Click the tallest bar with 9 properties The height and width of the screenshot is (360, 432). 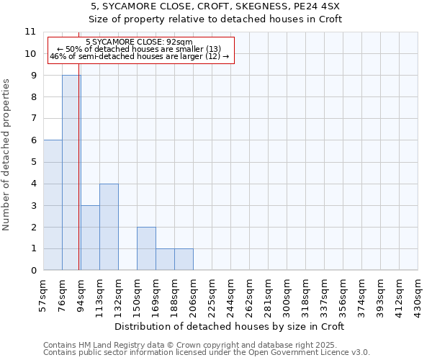(x=71, y=173)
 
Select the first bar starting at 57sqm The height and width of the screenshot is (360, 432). (x=53, y=205)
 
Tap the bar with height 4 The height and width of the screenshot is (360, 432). (x=109, y=227)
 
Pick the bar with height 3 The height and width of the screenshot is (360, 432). (x=90, y=238)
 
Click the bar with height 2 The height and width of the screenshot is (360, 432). (x=146, y=248)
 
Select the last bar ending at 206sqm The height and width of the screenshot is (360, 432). (x=184, y=259)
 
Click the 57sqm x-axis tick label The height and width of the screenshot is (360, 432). (x=43, y=294)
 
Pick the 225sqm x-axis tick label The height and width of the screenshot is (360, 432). (x=212, y=294)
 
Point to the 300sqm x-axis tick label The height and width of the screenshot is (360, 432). (x=287, y=294)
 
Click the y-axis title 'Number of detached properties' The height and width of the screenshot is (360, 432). (x=7, y=156)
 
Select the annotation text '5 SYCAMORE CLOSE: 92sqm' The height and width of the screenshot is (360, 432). (x=139, y=42)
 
